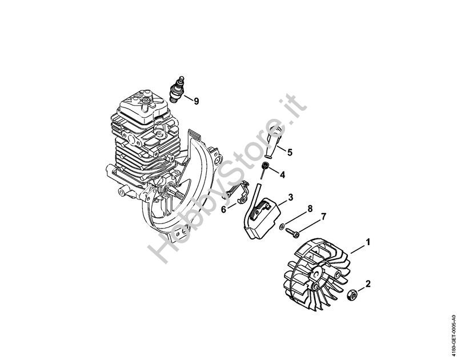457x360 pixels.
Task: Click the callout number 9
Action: pyautogui.click(x=197, y=101)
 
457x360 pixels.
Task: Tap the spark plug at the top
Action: pyautogui.click(x=178, y=90)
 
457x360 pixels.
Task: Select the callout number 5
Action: pyautogui.click(x=290, y=152)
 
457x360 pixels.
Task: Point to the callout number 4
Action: pyautogui.click(x=282, y=175)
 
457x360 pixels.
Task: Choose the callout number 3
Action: pyautogui.click(x=291, y=197)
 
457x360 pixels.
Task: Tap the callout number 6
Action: pyautogui.click(x=223, y=209)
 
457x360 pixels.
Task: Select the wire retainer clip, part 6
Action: pyautogui.click(x=238, y=193)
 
